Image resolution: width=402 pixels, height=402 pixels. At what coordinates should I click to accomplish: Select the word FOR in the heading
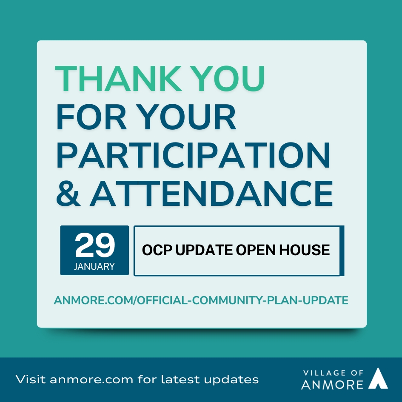91,117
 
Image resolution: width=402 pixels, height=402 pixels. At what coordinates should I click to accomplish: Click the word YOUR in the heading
188,117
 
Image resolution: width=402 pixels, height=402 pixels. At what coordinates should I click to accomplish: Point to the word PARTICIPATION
193,155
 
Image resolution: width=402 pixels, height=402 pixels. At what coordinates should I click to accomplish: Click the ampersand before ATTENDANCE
68,193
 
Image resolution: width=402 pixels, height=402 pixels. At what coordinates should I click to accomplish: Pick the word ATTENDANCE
211,193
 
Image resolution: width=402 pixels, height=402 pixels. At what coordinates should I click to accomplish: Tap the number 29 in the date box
95,245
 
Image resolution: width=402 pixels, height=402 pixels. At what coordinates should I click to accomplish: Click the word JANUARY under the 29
94,266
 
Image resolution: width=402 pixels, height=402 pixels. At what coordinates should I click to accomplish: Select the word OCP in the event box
157,250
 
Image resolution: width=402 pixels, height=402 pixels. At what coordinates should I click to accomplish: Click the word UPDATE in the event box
204,250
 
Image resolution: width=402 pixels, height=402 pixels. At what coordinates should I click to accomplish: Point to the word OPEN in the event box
256,250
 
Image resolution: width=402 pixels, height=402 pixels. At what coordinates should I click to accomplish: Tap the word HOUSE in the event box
304,250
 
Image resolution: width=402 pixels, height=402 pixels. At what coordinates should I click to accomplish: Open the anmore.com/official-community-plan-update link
201,300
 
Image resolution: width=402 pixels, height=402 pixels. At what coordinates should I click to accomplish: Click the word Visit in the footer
31,379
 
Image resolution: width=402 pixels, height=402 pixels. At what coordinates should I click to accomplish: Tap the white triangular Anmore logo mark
378,379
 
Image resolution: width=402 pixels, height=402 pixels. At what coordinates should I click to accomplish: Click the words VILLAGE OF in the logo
333,373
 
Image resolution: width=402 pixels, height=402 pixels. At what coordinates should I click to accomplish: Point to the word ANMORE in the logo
332,384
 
